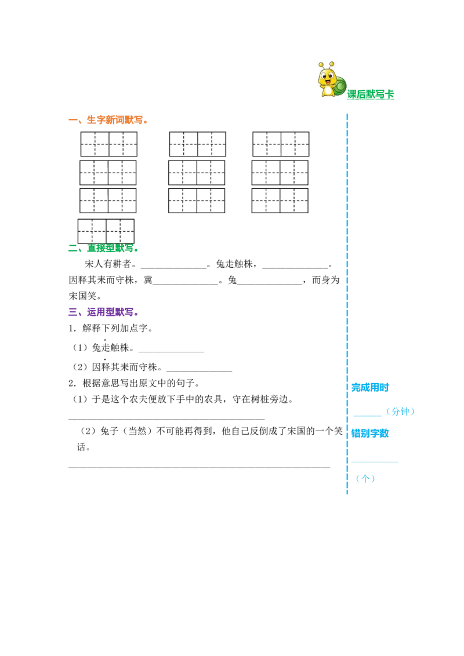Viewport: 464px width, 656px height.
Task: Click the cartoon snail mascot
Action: point(330,79)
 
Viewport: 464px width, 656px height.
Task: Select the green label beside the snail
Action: point(370,95)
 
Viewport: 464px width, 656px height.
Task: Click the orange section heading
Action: point(107,120)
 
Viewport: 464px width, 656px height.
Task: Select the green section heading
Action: point(103,249)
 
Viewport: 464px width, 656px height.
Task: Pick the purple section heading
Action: point(102,314)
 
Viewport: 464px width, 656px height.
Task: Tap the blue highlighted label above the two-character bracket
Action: point(370,387)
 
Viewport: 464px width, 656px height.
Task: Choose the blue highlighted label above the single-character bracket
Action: point(370,433)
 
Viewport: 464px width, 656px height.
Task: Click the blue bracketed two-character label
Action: point(401,412)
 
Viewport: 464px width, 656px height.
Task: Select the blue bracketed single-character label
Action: point(365,479)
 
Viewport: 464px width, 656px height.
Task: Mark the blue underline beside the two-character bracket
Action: point(368,416)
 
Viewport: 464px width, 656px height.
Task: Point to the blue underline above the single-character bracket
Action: point(375,461)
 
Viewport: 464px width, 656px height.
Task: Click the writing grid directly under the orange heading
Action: point(109,144)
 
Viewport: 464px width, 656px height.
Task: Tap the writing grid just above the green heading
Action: point(106,231)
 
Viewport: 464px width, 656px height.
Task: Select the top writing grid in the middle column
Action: point(197,144)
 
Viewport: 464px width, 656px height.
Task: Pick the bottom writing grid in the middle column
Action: point(197,201)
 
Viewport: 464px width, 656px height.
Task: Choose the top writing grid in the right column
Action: point(281,144)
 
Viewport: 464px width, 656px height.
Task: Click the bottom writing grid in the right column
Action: point(280,201)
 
